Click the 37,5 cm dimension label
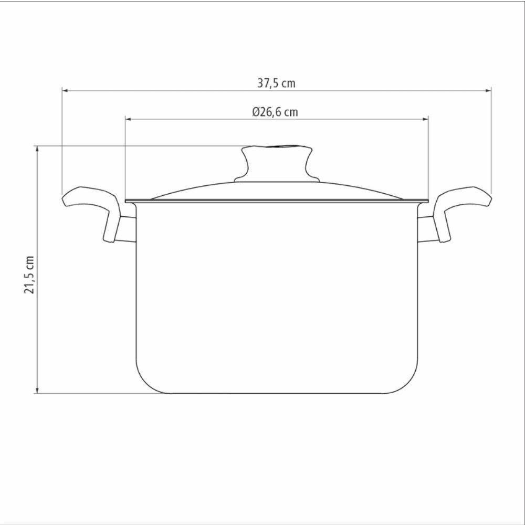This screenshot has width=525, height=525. click(276, 83)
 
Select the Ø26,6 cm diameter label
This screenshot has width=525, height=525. click(275, 112)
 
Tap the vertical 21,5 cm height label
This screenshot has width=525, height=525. click(29, 275)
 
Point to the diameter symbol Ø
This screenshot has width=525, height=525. click(256, 112)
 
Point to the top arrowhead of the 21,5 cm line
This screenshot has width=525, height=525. click(37, 149)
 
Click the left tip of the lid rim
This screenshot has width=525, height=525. click(128, 201)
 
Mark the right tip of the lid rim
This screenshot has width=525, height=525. click(426, 201)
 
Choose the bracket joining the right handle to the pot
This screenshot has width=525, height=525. click(426, 229)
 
